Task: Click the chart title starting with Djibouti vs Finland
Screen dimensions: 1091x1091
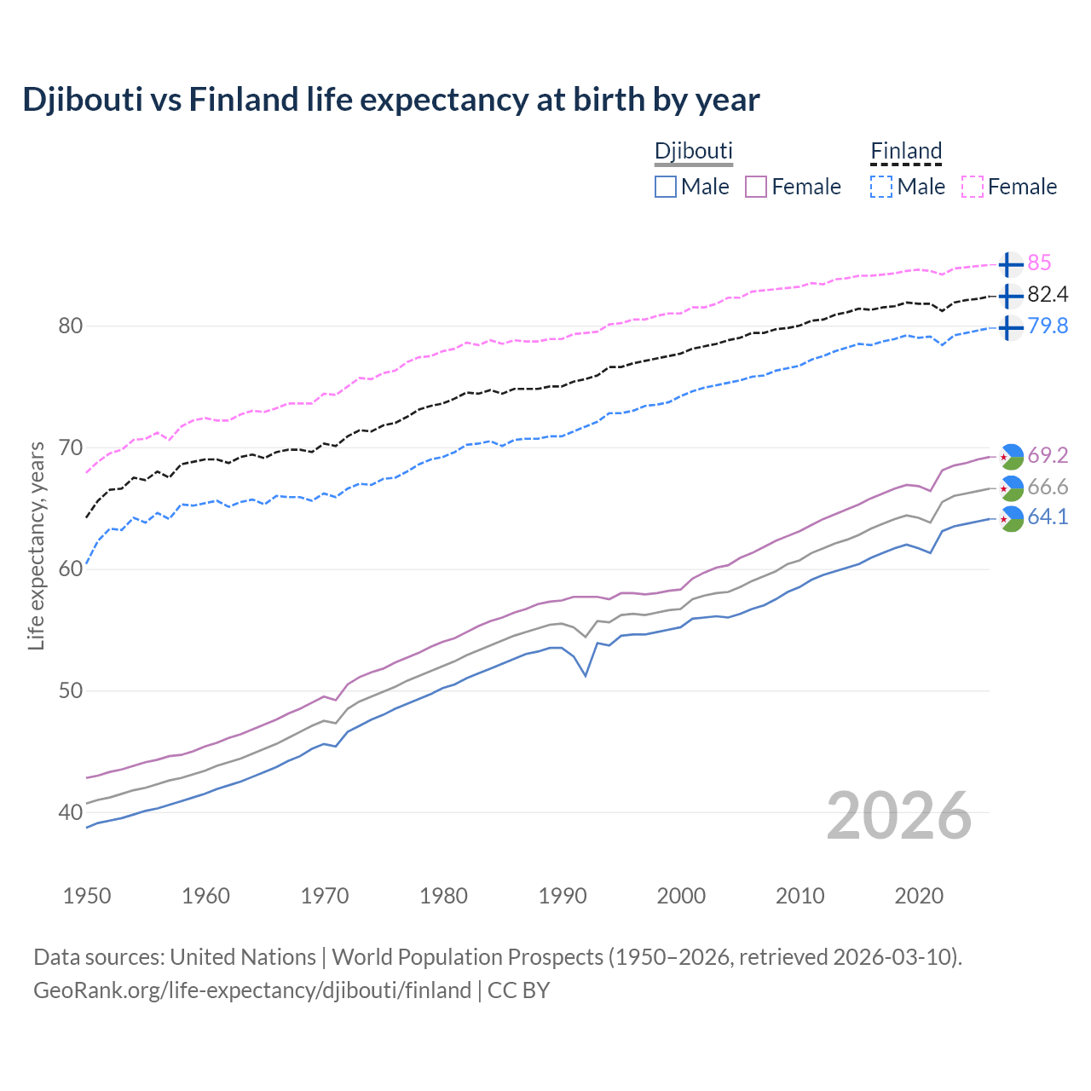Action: (390, 100)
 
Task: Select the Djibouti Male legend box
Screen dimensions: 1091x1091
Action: (666, 187)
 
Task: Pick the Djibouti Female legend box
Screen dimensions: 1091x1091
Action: (756, 187)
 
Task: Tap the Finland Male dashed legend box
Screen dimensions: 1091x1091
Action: (881, 187)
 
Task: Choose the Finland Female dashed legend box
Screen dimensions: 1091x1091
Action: (973, 187)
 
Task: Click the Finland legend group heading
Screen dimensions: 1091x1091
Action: (906, 152)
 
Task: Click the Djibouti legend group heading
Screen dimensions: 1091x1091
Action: (693, 152)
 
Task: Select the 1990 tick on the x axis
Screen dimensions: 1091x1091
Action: (563, 896)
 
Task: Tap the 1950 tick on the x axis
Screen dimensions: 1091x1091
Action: (87, 896)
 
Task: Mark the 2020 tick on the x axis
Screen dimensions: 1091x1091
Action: (919, 896)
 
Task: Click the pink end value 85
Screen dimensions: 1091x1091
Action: (1039, 263)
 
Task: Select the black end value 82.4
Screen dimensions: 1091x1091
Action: (1048, 295)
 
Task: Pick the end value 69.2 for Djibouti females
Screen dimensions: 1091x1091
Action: (1048, 456)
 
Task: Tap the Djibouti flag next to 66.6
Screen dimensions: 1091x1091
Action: (1011, 488)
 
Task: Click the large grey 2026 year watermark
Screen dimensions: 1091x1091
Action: (899, 816)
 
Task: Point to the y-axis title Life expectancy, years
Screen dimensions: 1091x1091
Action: (36, 545)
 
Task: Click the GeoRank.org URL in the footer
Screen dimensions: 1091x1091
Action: (252, 990)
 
